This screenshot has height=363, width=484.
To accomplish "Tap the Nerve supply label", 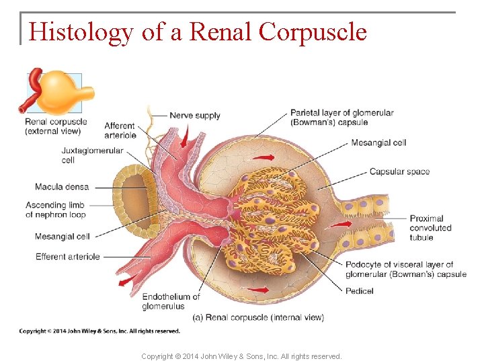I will pyautogui.click(x=195, y=116).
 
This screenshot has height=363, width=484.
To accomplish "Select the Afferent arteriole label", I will pyautogui.click(x=120, y=130).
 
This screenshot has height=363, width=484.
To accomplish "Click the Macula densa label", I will pyautogui.click(x=62, y=187).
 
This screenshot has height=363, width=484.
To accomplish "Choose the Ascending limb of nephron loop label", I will pyautogui.click(x=56, y=210).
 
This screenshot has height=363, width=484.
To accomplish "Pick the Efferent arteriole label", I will pyautogui.click(x=68, y=256).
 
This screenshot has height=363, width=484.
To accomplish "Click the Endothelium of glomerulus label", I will pyautogui.click(x=171, y=301).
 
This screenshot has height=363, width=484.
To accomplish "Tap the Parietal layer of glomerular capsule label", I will pyautogui.click(x=341, y=118).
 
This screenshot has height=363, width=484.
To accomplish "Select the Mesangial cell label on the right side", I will pyautogui.click(x=378, y=143).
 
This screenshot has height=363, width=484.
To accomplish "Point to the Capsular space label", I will pyautogui.click(x=399, y=171).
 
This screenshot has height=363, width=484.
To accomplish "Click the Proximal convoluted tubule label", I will pyautogui.click(x=430, y=228).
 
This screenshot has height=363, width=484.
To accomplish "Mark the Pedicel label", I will pyautogui.click(x=360, y=291).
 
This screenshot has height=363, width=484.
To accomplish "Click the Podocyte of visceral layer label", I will pyautogui.click(x=405, y=270).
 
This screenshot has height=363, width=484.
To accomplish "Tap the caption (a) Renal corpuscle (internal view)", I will pyautogui.click(x=257, y=317).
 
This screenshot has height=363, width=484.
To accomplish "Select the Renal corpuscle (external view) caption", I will pyautogui.click(x=52, y=126).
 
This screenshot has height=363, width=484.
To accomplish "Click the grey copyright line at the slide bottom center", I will pyautogui.click(x=241, y=356).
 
